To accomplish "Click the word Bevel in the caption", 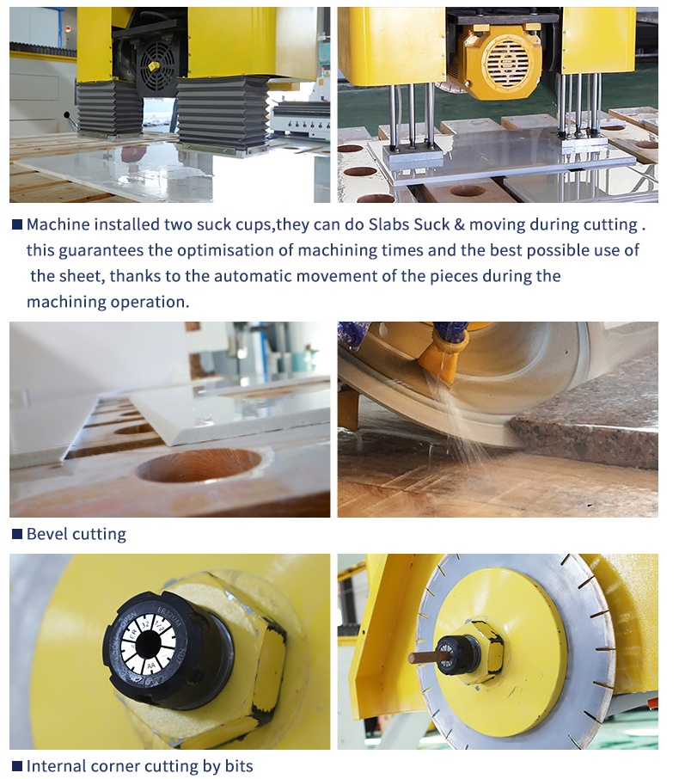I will pyautogui.click(x=47, y=534).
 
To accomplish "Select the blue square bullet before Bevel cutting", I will pyautogui.click(x=16, y=534).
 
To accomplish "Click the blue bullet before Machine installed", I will pyautogui.click(x=16, y=224).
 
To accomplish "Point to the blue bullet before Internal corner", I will pyautogui.click(x=16, y=765).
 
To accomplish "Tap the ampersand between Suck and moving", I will pyautogui.click(x=479, y=225).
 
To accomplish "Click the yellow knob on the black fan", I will pyautogui.click(x=153, y=66).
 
